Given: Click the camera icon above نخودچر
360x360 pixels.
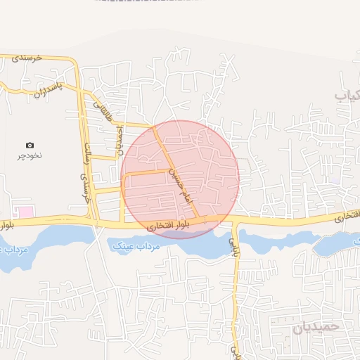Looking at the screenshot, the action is (x=30, y=145).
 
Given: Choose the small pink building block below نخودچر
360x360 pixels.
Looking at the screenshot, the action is (x=25, y=212).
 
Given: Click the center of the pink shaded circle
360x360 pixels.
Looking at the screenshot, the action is (x=180, y=179).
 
